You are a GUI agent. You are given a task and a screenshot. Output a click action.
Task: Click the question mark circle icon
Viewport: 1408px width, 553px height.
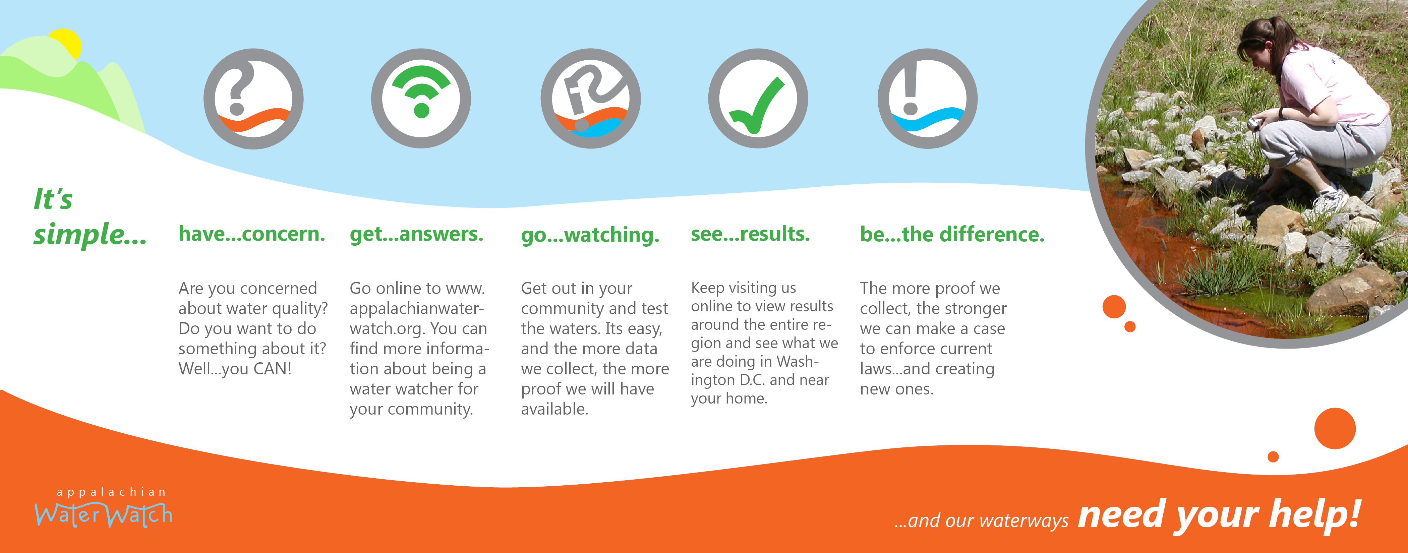tap(254, 99)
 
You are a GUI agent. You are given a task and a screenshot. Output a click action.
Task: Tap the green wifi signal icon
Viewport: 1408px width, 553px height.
tap(421, 99)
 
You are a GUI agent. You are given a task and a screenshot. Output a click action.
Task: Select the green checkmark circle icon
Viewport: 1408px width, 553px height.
tap(758, 99)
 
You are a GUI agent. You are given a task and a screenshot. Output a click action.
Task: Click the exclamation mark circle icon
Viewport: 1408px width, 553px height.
tap(928, 99)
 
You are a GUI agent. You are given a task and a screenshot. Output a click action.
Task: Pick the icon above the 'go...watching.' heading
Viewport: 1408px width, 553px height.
tap(591, 99)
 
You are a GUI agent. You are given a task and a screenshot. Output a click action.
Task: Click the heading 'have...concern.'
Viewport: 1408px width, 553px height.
tap(252, 234)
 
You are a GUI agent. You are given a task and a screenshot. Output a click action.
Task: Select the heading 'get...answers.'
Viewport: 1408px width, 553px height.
tap(416, 234)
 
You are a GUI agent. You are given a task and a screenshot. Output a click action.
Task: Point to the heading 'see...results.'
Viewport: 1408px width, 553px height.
tap(750, 234)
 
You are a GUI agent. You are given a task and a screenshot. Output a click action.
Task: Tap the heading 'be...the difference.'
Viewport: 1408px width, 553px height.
tap(952, 234)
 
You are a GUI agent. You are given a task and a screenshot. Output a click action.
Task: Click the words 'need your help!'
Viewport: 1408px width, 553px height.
tap(1219, 515)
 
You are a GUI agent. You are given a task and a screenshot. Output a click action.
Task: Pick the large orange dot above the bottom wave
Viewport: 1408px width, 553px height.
tap(1335, 428)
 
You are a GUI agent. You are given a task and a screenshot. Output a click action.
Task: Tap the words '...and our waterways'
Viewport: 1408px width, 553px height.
tap(981, 521)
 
